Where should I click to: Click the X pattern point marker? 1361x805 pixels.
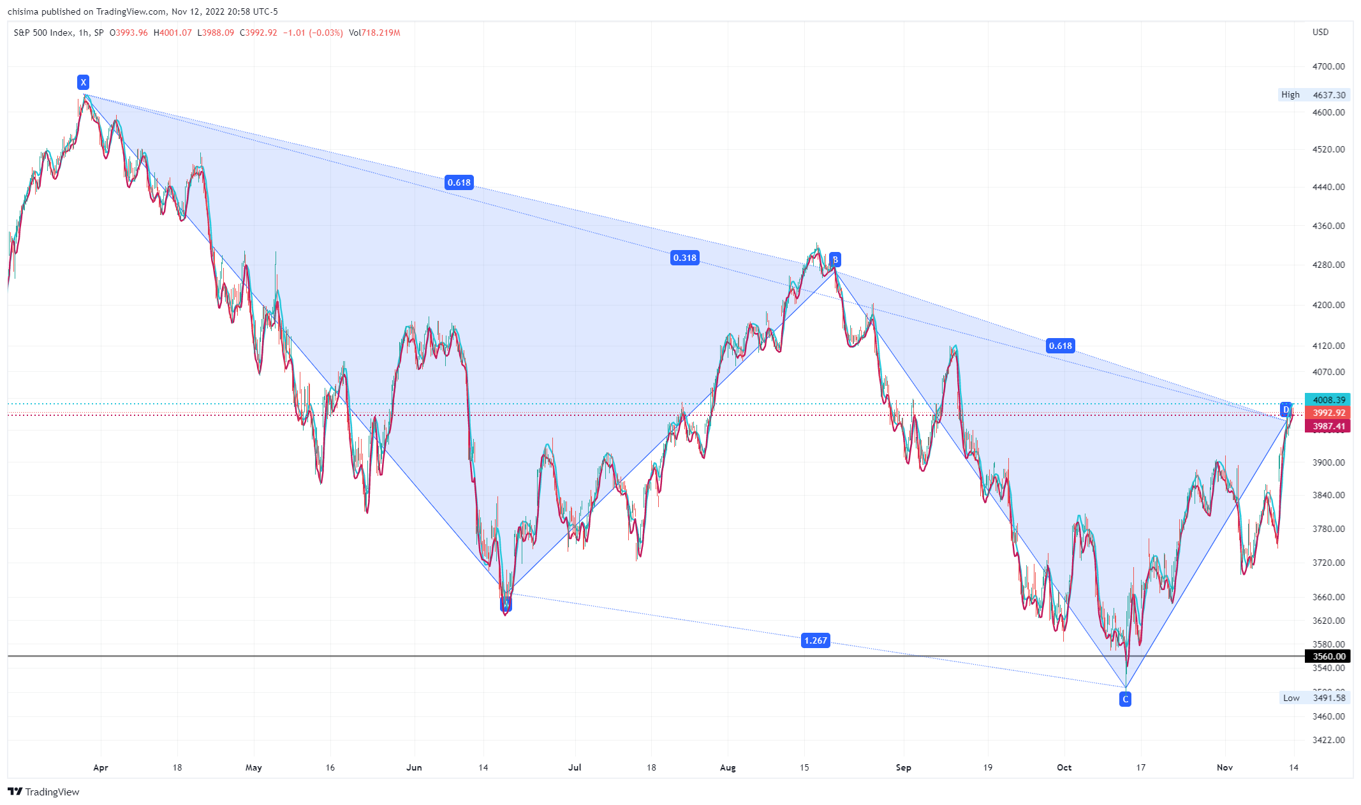[83, 82]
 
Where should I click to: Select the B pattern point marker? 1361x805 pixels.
[835, 260]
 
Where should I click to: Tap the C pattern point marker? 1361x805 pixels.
[1125, 700]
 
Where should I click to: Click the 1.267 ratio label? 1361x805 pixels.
[815, 640]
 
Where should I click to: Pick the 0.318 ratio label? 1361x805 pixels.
[684, 258]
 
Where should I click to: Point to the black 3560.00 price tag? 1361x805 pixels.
[1328, 656]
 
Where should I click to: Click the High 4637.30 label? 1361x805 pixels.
[1314, 95]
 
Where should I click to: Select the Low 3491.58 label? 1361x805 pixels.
[1314, 698]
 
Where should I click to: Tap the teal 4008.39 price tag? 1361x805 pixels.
[1328, 400]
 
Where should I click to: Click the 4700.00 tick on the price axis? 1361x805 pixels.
[1328, 66]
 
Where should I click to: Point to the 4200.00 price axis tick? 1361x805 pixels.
[1328, 305]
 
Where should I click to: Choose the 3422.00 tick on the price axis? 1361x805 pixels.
[1328, 740]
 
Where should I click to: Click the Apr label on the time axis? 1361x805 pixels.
[101, 767]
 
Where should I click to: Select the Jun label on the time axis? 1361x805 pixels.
[414, 767]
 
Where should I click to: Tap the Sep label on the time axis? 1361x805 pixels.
[903, 767]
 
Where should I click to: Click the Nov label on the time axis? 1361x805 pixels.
[1225, 767]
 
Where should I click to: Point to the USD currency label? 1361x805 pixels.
[1320, 32]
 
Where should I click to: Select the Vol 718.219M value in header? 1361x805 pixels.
[374, 33]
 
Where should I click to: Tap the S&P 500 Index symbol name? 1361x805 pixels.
[43, 33]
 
